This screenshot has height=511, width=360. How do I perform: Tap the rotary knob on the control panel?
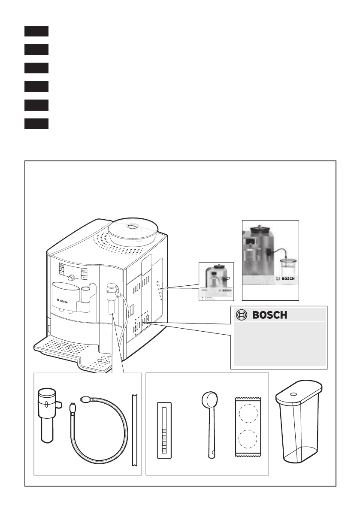71,277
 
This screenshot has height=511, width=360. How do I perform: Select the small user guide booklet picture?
216,281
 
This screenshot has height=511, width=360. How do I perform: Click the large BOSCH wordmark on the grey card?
269,315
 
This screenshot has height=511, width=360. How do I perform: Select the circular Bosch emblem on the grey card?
242,315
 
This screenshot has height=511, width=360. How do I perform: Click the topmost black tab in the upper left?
36,31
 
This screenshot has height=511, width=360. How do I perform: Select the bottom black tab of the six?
36,124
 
